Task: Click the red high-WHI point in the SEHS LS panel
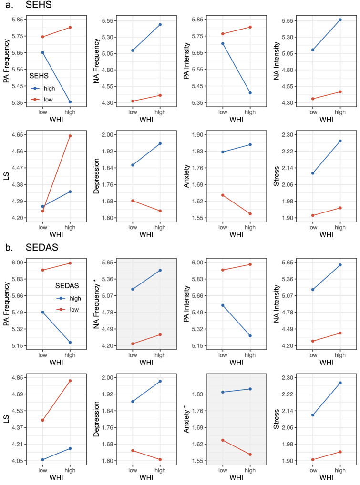click(70, 136)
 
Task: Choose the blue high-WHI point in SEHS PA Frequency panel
click(70, 102)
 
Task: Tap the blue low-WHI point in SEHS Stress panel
click(313, 173)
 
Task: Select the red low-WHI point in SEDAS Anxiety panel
click(222, 440)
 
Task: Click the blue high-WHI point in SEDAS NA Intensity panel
click(340, 265)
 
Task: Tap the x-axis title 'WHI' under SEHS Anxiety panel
click(236, 235)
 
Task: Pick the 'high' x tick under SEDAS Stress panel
click(340, 469)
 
